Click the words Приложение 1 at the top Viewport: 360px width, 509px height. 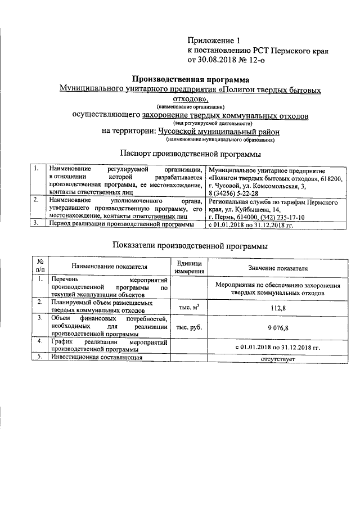(x=213, y=40)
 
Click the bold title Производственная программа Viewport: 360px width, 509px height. (x=190, y=80)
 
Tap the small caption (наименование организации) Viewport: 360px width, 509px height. (x=190, y=106)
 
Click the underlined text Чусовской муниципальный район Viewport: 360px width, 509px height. (x=219, y=131)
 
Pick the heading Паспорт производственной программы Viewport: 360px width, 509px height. (x=190, y=153)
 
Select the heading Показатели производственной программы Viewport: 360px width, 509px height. (x=190, y=246)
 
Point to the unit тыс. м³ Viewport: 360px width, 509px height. (x=190, y=307)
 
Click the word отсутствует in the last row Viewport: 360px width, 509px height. (x=278, y=359)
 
